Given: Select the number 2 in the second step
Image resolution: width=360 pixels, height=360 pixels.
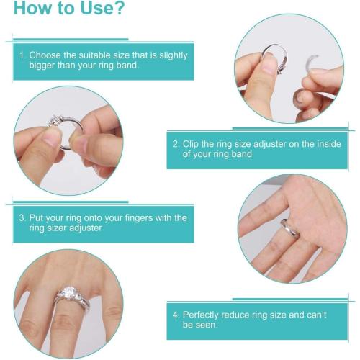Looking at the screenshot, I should click(x=175, y=144).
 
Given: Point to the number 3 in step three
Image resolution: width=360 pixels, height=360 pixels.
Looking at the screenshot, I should click(x=22, y=217).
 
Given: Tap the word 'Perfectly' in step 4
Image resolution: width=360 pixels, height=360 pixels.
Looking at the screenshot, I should click(x=204, y=315).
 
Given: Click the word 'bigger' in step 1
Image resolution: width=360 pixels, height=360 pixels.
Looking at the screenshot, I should click(x=35, y=66).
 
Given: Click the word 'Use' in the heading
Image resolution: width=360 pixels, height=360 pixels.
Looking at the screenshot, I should click(x=90, y=10).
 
